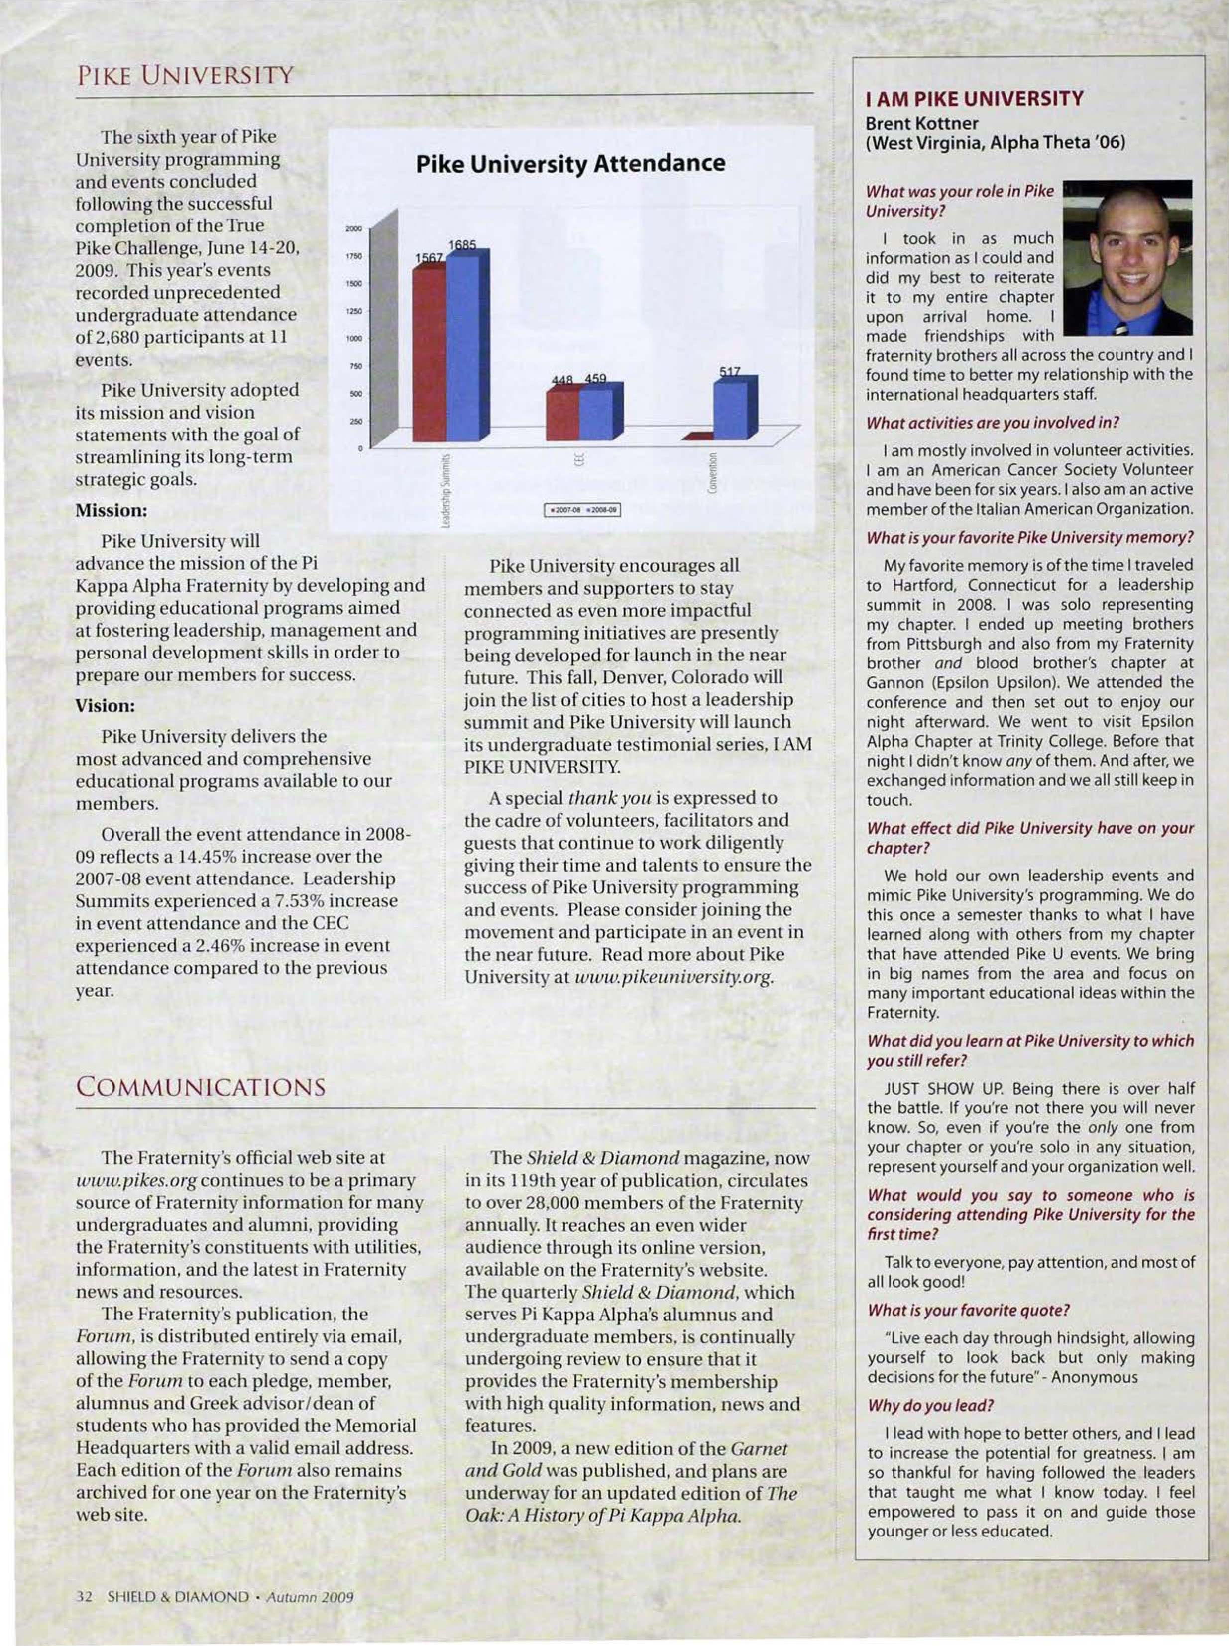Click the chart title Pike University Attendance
pos(570,164)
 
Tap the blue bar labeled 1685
pos(463,346)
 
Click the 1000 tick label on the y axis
pos(353,338)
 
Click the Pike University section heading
pos(185,76)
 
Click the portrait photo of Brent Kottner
pos(1127,257)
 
